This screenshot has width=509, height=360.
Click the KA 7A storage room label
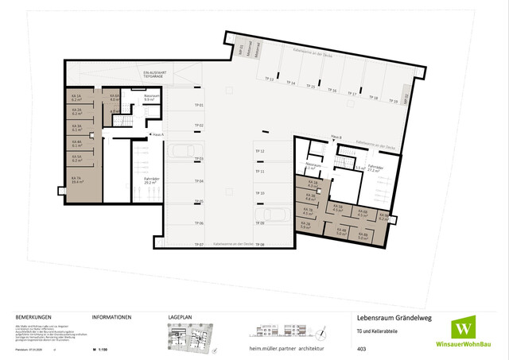[76, 180]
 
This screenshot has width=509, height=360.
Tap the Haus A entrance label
[157, 134]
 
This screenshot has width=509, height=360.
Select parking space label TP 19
[393, 102]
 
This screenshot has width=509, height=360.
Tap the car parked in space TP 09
[272, 214]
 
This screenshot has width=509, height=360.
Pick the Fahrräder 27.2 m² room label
[375, 168]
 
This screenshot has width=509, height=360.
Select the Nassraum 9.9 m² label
[148, 98]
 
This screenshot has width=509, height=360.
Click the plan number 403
[361, 348]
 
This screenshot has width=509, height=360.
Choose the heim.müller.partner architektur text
[292, 347]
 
